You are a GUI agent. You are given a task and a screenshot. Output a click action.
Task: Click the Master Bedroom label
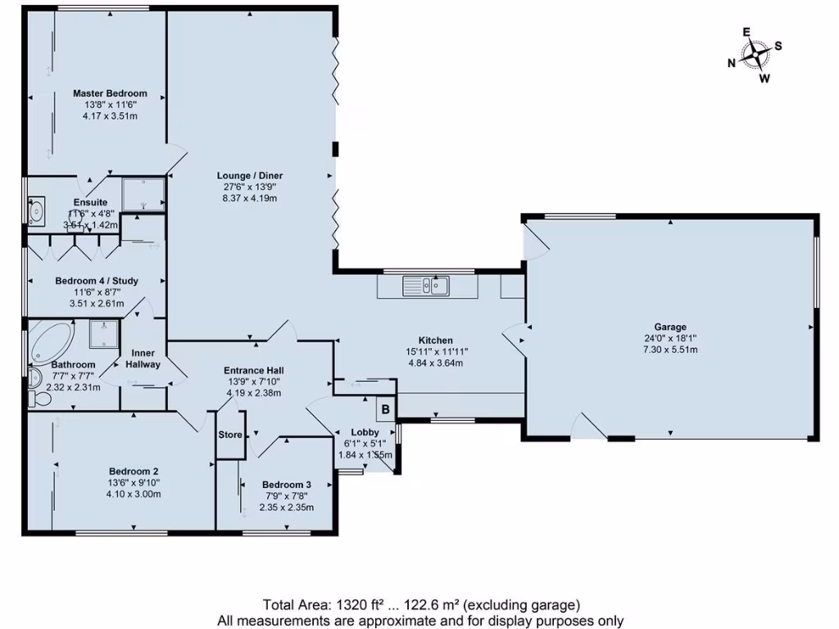coord(110,93)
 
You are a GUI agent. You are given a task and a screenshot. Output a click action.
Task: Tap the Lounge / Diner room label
coord(250,175)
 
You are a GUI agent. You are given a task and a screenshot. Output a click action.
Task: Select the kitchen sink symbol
coord(425,286)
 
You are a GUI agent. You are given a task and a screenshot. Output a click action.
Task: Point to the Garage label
coord(669,327)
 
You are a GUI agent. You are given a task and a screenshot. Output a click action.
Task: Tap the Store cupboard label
coord(230,435)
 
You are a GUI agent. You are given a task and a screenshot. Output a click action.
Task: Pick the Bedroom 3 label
coord(286,484)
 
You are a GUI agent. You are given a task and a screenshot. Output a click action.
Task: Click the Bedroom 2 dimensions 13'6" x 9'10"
coord(134,482)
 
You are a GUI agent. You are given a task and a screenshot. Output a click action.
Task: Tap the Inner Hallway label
coord(143,359)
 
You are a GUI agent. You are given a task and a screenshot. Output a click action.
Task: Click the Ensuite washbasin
coord(37,212)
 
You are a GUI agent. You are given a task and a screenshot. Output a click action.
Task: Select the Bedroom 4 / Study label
coord(97,281)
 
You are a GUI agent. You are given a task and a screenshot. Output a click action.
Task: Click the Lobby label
coord(365,432)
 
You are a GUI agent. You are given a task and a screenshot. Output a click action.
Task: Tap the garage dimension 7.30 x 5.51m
coord(669,350)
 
